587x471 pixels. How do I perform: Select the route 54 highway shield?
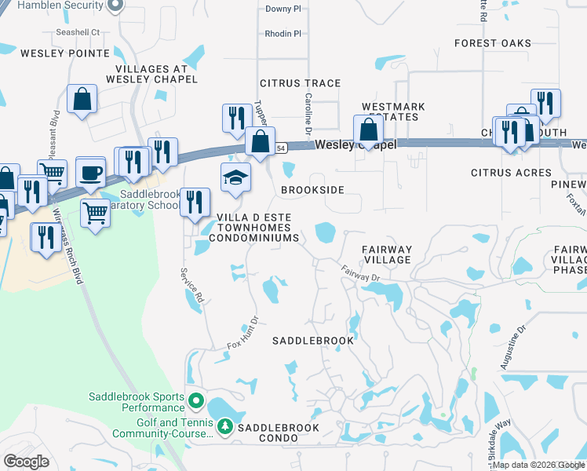click(280, 146)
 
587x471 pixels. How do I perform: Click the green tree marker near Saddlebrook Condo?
click(224, 427)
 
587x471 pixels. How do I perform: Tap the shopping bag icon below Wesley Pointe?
click(82, 100)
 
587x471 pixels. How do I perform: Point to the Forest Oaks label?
click(492, 43)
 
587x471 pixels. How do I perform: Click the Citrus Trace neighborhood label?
click(300, 82)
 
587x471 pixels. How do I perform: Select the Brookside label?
click(312, 190)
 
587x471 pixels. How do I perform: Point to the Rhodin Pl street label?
click(283, 34)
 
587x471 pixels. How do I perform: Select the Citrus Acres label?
click(510, 172)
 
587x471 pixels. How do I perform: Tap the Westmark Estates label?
click(392, 112)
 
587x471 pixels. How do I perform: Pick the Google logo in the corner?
click(27, 461)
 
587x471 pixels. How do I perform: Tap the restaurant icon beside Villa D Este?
click(194, 203)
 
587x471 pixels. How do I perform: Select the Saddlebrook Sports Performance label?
click(137, 402)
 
